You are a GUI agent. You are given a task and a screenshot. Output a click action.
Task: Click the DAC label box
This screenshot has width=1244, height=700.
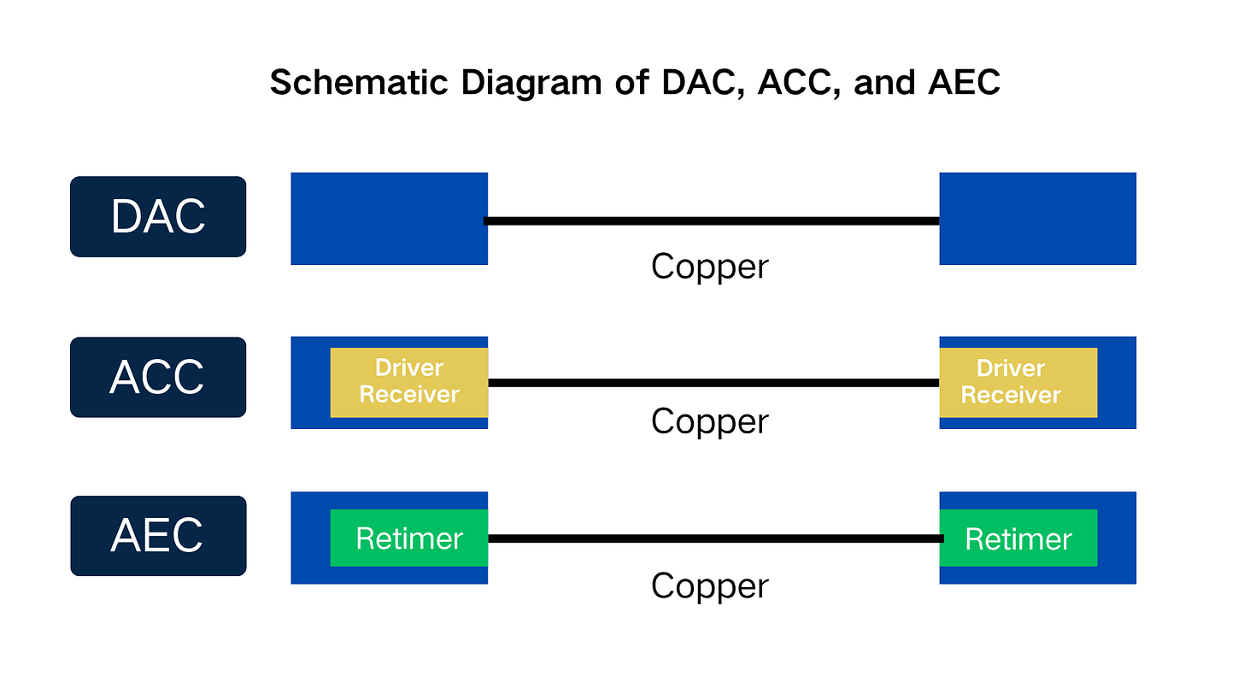(158, 216)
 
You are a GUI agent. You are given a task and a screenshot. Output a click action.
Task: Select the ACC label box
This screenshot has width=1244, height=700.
(158, 377)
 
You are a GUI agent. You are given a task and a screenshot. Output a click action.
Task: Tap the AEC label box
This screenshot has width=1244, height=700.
(158, 536)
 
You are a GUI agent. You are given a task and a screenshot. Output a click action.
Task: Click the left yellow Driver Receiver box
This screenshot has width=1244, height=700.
(409, 382)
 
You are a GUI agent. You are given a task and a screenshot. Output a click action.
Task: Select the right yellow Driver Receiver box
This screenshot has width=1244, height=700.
(1018, 382)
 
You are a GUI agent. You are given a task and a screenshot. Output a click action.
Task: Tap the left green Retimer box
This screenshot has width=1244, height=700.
(409, 538)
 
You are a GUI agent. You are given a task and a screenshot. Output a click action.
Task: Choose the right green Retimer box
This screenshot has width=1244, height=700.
(1018, 538)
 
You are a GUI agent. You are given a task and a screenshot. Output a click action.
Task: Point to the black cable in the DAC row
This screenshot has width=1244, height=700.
(713, 221)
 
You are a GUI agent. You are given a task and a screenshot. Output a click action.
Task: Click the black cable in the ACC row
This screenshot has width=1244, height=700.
(713, 382)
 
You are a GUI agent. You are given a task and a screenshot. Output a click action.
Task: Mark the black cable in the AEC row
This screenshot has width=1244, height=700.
(713, 538)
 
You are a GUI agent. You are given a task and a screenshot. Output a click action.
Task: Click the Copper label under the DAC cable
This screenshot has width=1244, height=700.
(709, 267)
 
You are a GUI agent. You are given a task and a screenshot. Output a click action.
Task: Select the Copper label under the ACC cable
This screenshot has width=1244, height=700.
(709, 421)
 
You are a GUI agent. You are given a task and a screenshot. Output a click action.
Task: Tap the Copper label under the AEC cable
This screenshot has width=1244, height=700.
(709, 586)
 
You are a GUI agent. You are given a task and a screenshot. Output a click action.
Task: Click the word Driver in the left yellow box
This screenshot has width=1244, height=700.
(409, 368)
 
